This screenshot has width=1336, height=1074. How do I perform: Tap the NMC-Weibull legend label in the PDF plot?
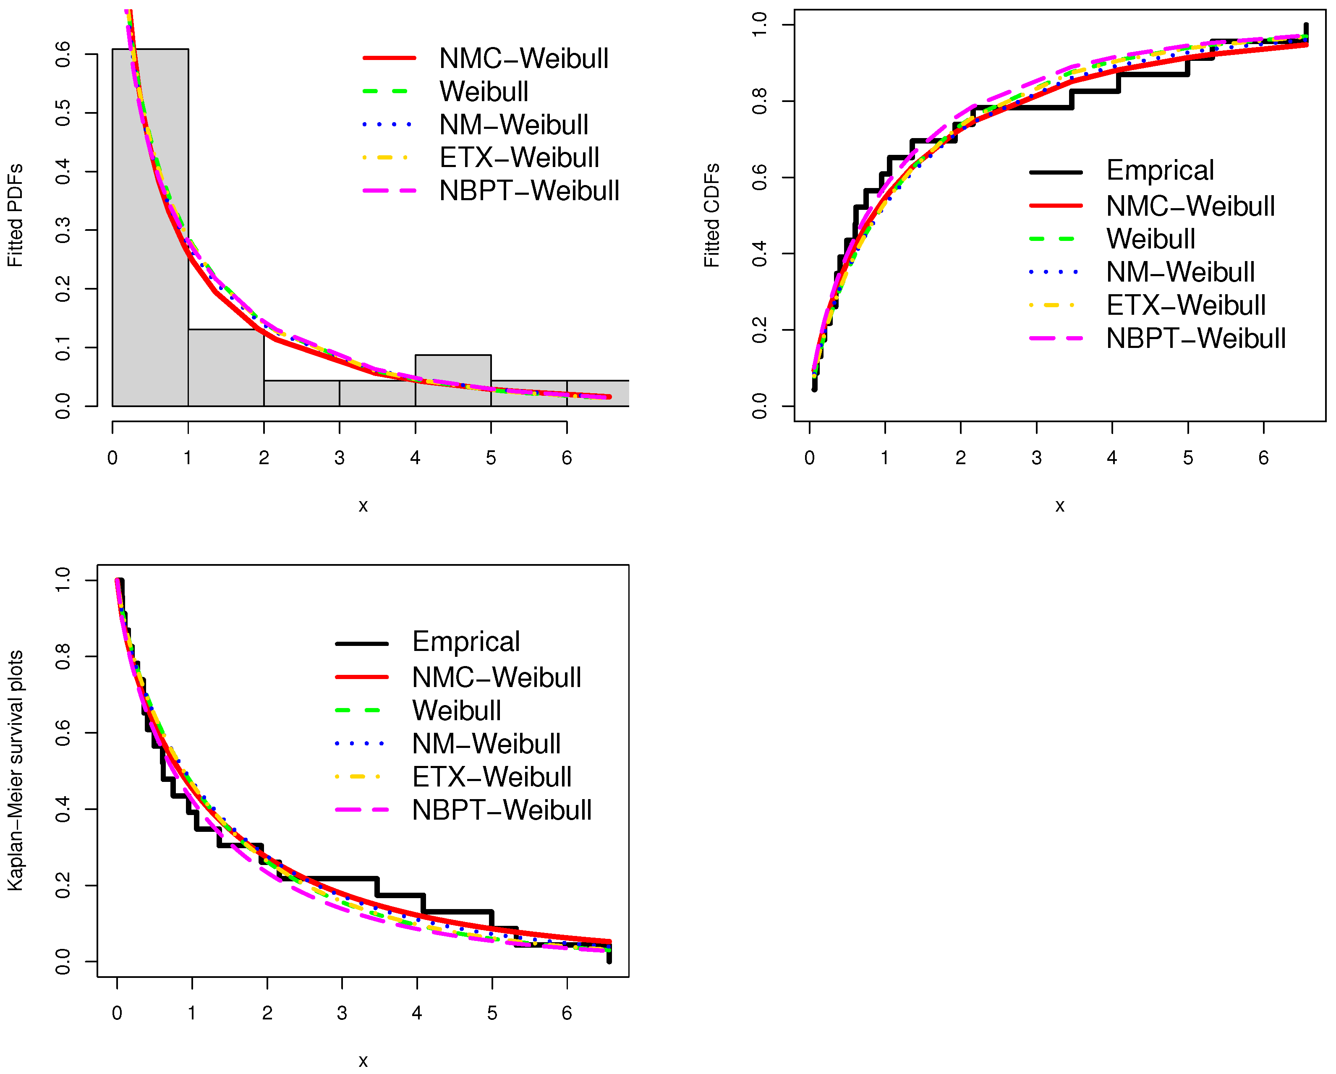(524, 58)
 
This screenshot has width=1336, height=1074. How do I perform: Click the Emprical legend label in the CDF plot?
(1160, 170)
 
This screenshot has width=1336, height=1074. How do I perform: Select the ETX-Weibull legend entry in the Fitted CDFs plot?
(1185, 305)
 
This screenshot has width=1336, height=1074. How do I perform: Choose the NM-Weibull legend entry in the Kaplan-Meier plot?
(486, 744)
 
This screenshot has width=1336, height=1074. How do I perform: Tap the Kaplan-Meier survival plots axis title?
(15, 770)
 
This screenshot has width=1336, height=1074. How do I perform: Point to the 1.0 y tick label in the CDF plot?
(759, 25)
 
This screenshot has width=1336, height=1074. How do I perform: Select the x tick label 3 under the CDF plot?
(1036, 458)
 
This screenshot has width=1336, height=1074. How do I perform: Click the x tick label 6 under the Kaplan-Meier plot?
(566, 1013)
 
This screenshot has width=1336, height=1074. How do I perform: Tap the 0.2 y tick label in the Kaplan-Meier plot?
(63, 885)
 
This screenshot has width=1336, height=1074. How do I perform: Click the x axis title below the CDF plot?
(1060, 506)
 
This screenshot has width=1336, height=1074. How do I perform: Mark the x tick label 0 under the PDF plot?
(112, 458)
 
